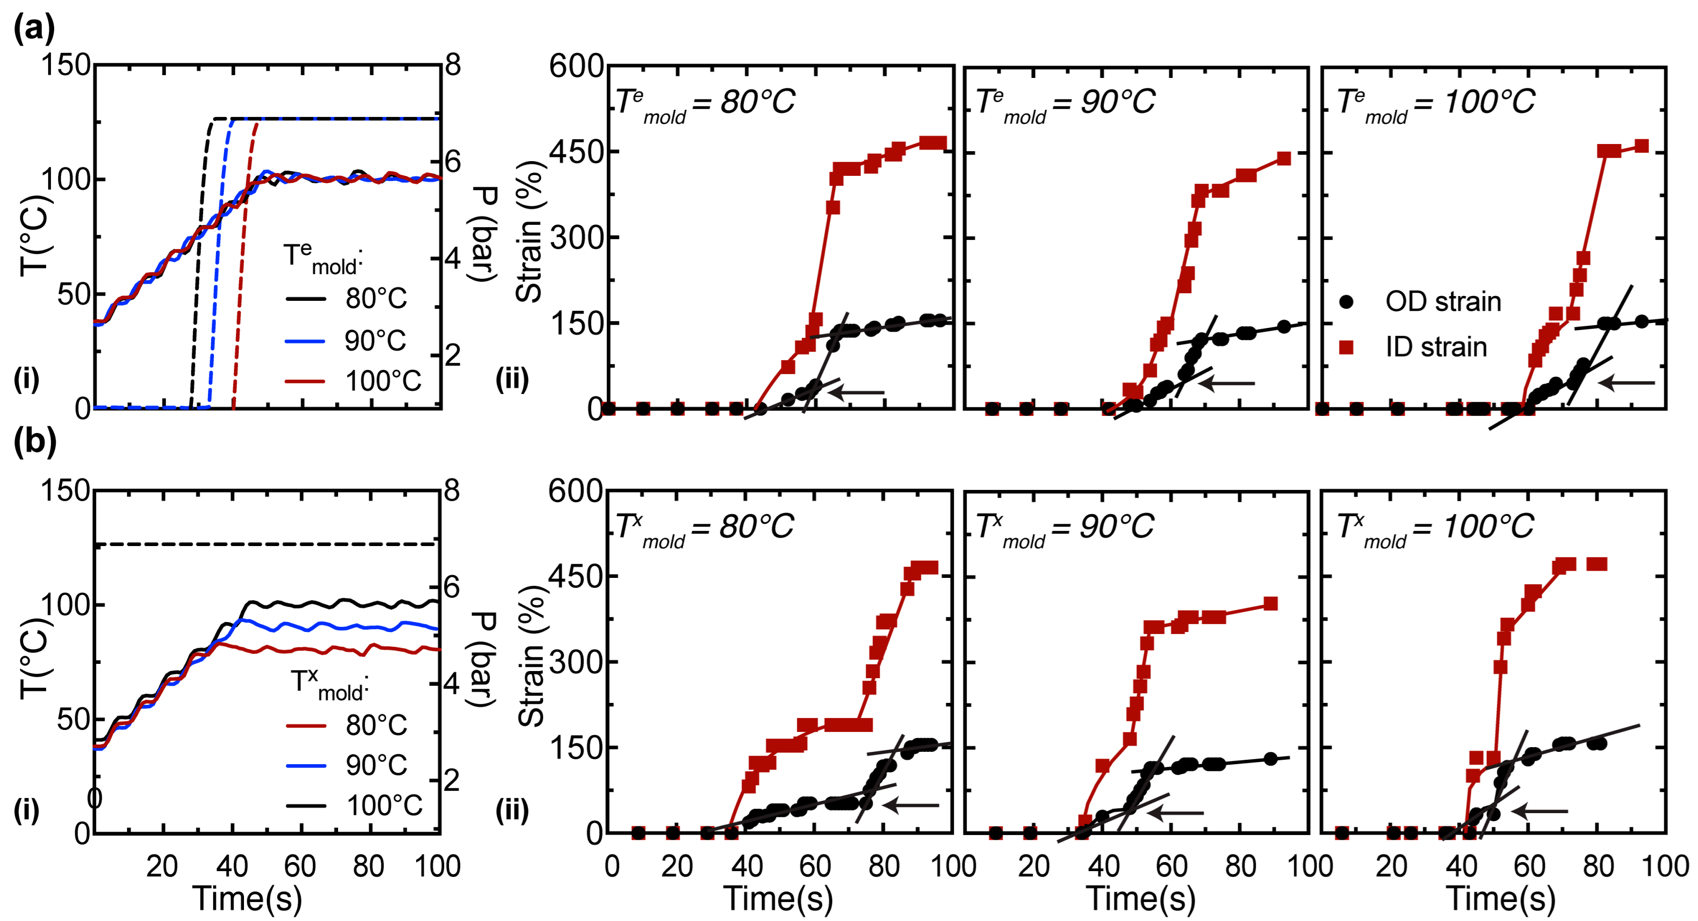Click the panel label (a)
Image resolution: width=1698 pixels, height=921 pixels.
34,29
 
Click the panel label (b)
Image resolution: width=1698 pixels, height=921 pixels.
35,441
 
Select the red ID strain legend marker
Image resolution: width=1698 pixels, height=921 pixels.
1347,347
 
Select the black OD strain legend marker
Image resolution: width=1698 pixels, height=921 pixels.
1347,302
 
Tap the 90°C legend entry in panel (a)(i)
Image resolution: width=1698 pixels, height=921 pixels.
374,341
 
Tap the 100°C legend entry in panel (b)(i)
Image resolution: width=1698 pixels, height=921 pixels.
384,805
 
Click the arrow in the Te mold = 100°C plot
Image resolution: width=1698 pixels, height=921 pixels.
1626,382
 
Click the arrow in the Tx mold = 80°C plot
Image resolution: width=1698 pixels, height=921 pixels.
910,805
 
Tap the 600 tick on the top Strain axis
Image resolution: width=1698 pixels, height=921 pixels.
576,67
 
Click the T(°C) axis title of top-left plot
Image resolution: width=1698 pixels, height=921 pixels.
34,235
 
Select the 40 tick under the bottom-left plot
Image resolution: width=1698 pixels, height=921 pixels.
231,866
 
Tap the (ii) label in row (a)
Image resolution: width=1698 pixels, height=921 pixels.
512,380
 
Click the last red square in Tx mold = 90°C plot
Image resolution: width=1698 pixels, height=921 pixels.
1270,604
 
